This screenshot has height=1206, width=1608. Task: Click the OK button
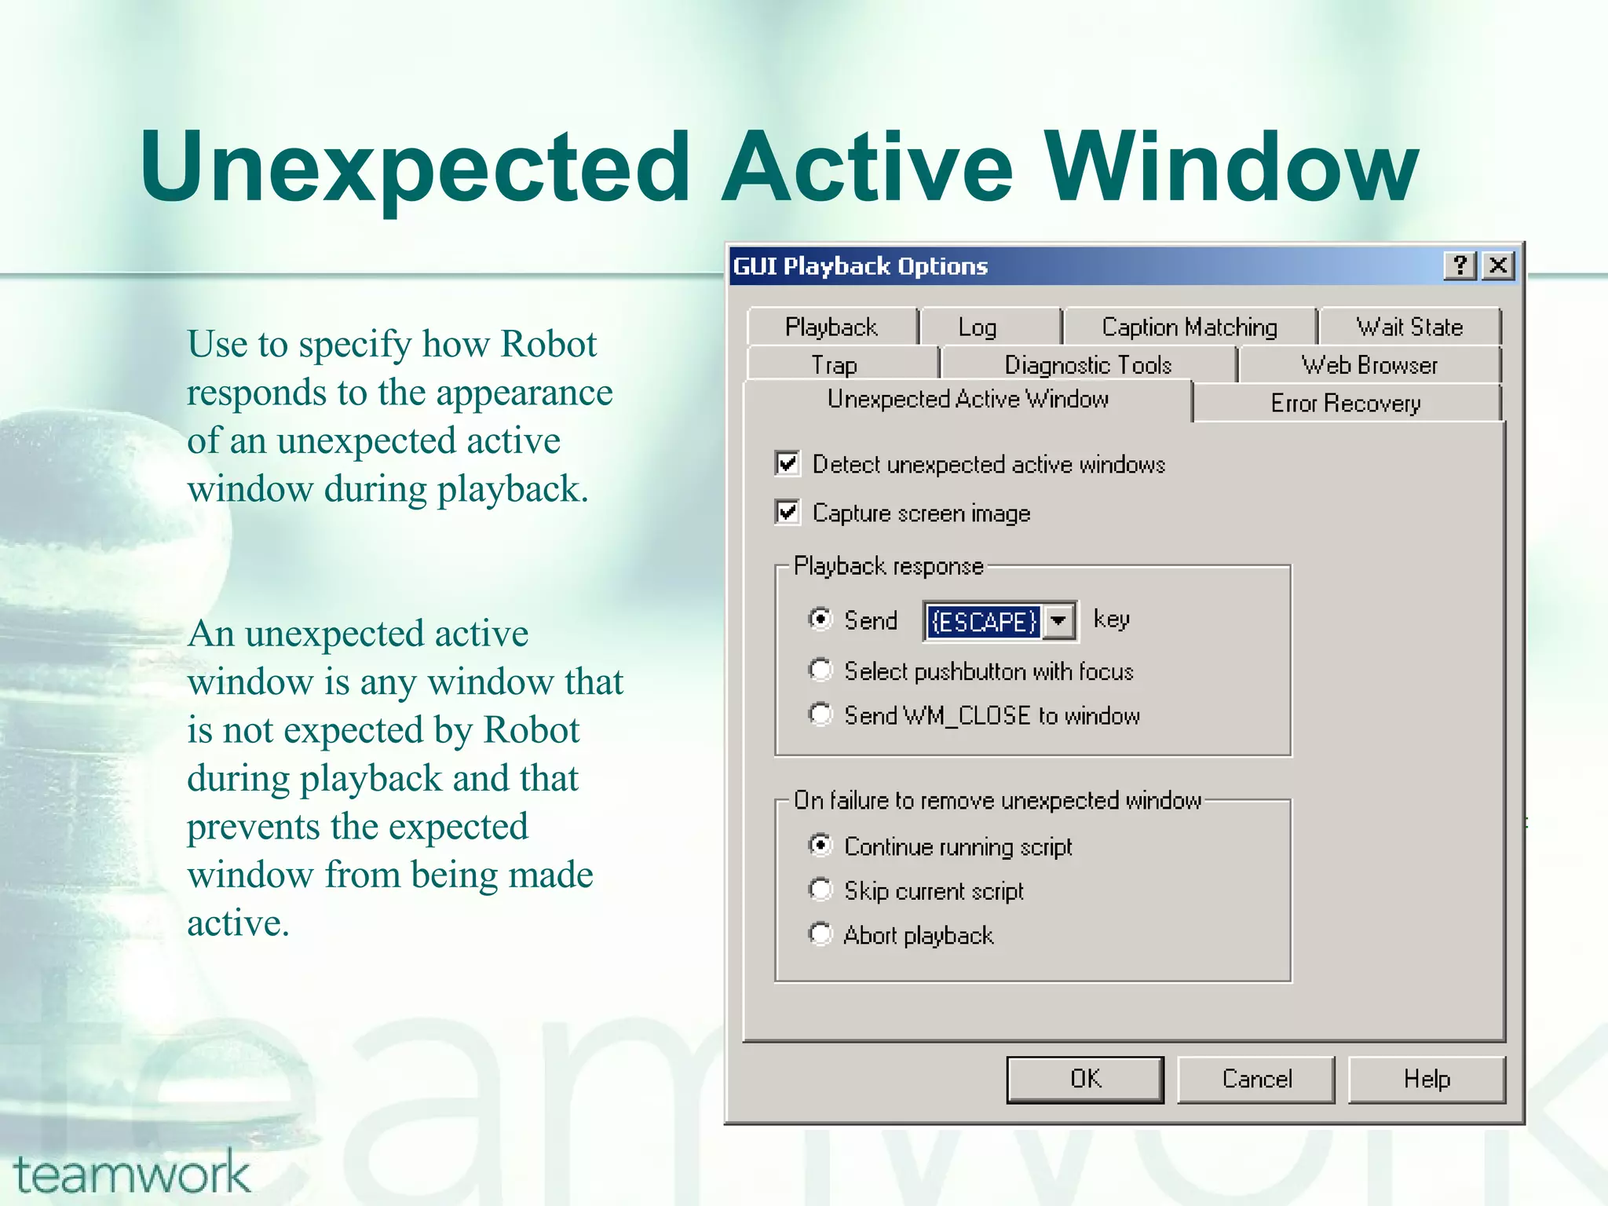(x=1085, y=1080)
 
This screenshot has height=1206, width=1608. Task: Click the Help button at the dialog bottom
(x=1426, y=1080)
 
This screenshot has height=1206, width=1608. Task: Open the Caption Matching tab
(x=1189, y=327)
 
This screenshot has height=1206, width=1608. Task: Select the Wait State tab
(x=1409, y=327)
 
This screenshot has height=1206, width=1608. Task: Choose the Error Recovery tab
(x=1346, y=404)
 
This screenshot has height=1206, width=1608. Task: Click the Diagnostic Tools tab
(x=1088, y=365)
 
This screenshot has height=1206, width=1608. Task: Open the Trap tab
(x=834, y=365)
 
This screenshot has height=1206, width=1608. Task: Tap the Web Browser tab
(x=1369, y=365)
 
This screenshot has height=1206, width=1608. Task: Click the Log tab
(x=978, y=327)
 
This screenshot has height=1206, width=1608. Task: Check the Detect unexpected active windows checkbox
(x=788, y=464)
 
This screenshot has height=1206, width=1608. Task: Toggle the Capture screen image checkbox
(x=788, y=513)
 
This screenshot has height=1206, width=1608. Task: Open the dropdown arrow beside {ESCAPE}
(x=1059, y=621)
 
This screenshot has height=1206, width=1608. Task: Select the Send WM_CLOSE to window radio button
(x=820, y=714)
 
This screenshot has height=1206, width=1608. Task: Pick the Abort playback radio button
(x=820, y=934)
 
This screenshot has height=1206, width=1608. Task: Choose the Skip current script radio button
(x=820, y=890)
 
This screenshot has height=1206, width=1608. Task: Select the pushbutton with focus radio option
(x=820, y=671)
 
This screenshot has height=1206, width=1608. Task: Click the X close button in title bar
(x=1498, y=265)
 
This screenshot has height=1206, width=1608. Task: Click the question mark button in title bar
(x=1460, y=265)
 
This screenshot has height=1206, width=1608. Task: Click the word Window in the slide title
(x=1231, y=166)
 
